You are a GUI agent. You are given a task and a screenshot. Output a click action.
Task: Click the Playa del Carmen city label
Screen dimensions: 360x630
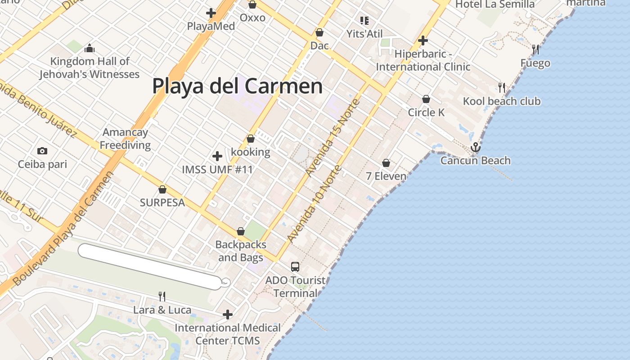click(x=237, y=86)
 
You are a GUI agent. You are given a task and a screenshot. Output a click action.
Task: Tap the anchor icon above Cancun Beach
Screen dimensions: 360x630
click(x=476, y=147)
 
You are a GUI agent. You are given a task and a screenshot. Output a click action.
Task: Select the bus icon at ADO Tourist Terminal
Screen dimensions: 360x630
click(x=295, y=266)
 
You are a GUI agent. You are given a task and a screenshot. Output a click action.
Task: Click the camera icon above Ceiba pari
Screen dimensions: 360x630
click(x=42, y=151)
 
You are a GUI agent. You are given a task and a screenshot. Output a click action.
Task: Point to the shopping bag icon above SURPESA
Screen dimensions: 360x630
click(x=162, y=189)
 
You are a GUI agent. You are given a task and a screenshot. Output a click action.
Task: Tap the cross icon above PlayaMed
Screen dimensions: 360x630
click(x=211, y=13)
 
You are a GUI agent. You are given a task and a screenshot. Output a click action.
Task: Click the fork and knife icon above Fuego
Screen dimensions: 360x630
click(x=535, y=49)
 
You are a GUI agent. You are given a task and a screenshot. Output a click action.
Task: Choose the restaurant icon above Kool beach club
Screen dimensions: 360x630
click(x=502, y=87)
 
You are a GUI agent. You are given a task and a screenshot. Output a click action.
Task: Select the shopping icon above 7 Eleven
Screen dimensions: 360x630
click(x=386, y=163)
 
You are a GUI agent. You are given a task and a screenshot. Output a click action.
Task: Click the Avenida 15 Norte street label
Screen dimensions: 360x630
click(x=333, y=138)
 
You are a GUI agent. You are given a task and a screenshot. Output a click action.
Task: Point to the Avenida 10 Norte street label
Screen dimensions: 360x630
click(x=315, y=205)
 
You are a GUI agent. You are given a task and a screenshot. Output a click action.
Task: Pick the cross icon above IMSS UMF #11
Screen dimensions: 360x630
click(x=217, y=156)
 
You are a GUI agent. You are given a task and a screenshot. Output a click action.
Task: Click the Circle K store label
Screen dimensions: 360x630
click(x=426, y=112)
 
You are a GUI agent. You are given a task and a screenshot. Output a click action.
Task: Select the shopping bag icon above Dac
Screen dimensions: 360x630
click(x=319, y=32)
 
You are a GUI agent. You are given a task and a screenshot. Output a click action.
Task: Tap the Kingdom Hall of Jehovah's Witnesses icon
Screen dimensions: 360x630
click(x=90, y=48)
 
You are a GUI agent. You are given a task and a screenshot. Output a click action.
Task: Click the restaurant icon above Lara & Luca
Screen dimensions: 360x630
click(x=162, y=296)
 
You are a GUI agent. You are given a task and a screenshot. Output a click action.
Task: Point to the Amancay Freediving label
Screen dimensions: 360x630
click(x=125, y=139)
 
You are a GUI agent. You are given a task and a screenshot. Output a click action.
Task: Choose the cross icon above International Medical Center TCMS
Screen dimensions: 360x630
click(x=228, y=314)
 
